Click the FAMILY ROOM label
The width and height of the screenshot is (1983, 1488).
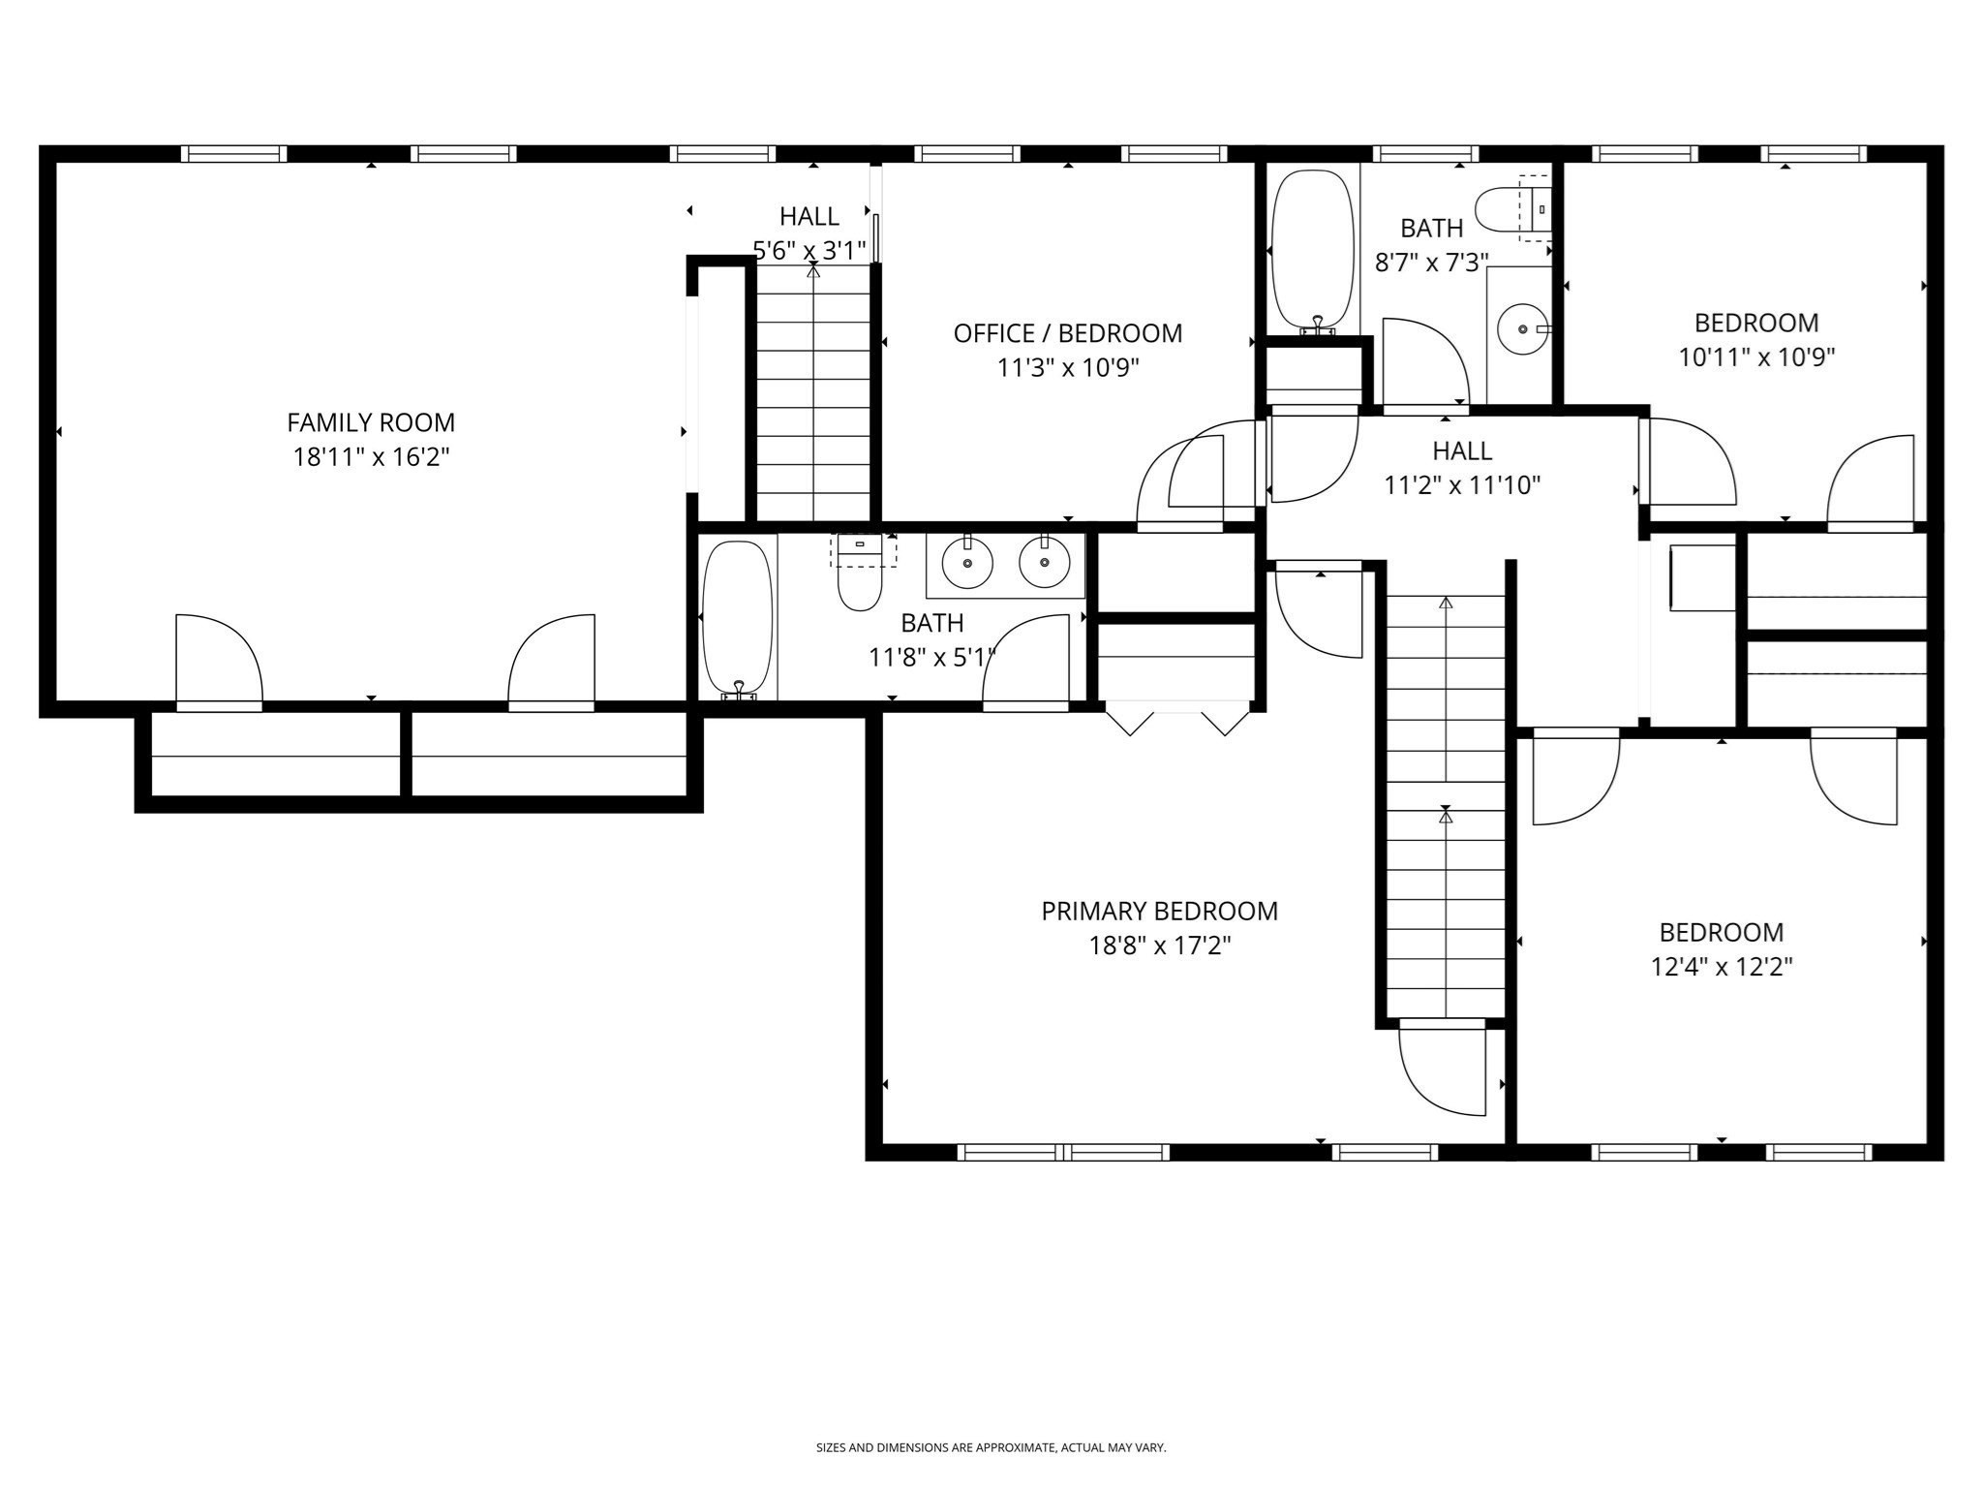(x=371, y=422)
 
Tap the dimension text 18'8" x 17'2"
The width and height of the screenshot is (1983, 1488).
(x=1159, y=945)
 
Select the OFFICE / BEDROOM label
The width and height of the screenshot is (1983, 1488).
(x=1068, y=333)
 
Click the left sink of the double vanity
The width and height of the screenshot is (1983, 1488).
(x=967, y=563)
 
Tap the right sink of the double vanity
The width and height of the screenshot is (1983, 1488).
(x=1045, y=563)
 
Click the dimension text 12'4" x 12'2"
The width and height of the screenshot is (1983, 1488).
(x=1722, y=967)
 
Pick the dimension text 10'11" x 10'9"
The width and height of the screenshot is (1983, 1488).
(x=1756, y=357)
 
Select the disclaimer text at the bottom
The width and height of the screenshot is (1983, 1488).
(x=991, y=1447)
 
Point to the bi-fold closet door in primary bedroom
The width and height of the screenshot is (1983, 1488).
(x=1177, y=721)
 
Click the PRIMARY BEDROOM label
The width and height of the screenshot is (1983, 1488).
(x=1159, y=911)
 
